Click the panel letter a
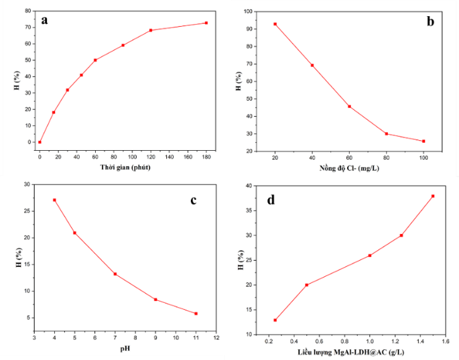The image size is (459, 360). click(x=44, y=21)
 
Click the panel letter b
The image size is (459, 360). click(x=430, y=21)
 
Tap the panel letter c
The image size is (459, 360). click(x=193, y=200)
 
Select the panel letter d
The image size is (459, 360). click(x=271, y=200)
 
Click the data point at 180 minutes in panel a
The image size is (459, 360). click(x=206, y=23)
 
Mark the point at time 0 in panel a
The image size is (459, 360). click(x=40, y=142)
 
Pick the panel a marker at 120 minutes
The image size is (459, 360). click(x=151, y=30)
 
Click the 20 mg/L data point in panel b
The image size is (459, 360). click(x=275, y=24)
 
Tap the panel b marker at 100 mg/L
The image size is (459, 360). click(x=423, y=141)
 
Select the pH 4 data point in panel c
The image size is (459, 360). click(x=54, y=200)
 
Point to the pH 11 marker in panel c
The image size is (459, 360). click(x=196, y=314)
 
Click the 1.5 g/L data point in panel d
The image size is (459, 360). click(x=433, y=196)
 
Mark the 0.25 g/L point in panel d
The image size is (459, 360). click(x=275, y=320)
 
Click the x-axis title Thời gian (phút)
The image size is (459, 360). click(x=125, y=167)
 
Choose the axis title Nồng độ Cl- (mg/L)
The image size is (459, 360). click(x=349, y=168)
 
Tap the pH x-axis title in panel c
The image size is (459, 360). click(x=125, y=349)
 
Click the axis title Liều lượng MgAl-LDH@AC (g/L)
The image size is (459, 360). click(x=351, y=352)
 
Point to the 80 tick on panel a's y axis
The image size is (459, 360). click(x=28, y=11)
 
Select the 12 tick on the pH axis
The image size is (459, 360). click(x=216, y=338)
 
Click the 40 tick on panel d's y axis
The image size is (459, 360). click(x=249, y=186)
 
